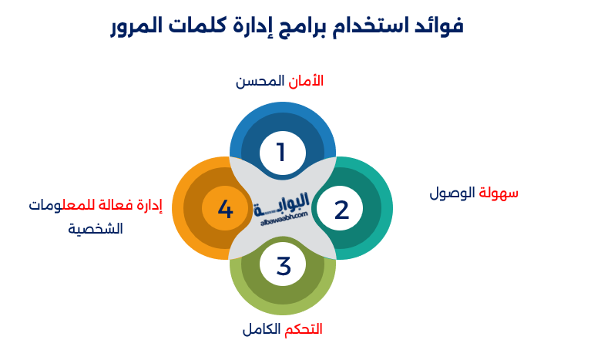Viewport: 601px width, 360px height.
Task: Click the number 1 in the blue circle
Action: tap(281, 152)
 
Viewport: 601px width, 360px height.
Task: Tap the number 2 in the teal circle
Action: tap(341, 210)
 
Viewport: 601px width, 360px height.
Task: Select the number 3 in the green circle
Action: tap(284, 266)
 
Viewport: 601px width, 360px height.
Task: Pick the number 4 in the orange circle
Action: tap(225, 210)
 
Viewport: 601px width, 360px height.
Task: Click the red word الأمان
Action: tap(306, 81)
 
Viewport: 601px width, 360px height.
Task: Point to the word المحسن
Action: tap(260, 81)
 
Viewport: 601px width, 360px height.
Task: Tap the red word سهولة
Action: tap(499, 193)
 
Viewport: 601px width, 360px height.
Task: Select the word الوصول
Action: tap(452, 193)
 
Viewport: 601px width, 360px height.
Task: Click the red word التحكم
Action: tap(303, 329)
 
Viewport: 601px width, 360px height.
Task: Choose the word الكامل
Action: tap(261, 329)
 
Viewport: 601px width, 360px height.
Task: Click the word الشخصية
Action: tap(96, 229)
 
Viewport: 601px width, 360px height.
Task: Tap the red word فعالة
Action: tap(116, 206)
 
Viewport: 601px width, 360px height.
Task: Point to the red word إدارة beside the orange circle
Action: tap(149, 206)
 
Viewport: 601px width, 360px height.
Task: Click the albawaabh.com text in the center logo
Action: tap(284, 218)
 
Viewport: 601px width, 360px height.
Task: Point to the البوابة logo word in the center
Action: tap(281, 204)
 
